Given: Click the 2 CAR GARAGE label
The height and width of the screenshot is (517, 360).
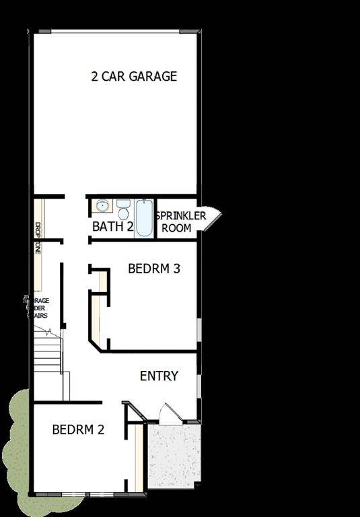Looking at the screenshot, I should (x=134, y=76).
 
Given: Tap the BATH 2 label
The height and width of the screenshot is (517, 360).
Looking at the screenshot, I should (x=112, y=226).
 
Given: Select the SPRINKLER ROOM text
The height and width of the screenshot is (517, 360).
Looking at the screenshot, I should (x=180, y=221).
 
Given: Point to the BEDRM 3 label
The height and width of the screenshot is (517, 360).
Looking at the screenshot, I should (x=153, y=269).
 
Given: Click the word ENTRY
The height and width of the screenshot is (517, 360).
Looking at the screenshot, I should (x=159, y=376).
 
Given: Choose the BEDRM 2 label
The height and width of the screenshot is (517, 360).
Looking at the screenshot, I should (x=78, y=429).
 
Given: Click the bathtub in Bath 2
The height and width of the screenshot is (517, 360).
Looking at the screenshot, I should (x=145, y=217).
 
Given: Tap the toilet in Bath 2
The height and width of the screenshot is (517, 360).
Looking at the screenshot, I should (x=123, y=209).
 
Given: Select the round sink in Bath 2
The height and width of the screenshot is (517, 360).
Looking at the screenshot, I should (x=102, y=206).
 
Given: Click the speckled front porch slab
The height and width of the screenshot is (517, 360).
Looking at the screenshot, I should (x=173, y=454).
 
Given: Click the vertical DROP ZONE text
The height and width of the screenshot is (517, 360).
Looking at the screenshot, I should (x=38, y=238).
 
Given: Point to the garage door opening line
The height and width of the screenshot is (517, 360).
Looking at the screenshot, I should (x=116, y=31).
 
